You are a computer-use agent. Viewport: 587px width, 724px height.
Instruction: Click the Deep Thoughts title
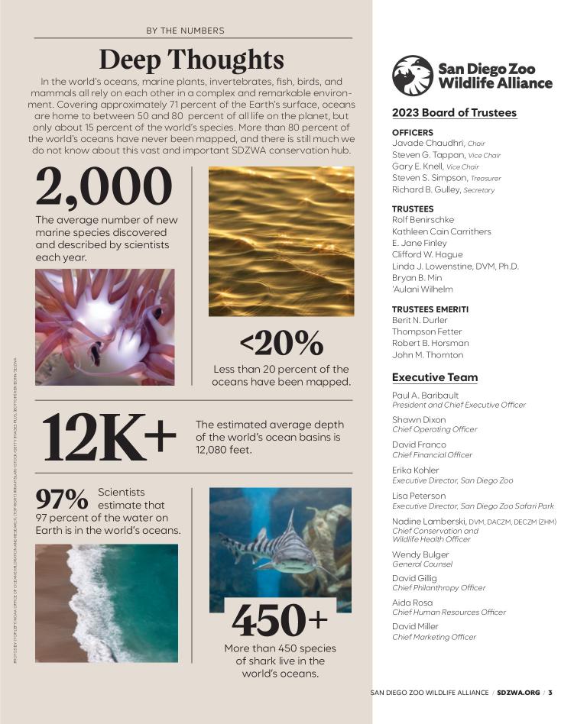(x=191, y=60)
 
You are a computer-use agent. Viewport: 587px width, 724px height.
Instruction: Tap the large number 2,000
(x=104, y=187)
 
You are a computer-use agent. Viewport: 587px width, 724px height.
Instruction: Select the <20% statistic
(x=281, y=344)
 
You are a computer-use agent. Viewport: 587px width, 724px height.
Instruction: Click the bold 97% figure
(x=62, y=499)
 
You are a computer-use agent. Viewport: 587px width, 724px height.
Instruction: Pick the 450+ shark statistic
(x=280, y=620)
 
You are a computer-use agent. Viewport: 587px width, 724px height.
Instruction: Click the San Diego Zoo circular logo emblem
(x=412, y=76)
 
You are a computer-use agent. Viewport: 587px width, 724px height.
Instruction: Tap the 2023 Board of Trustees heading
(x=454, y=113)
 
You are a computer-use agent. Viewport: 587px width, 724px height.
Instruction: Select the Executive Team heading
(x=434, y=377)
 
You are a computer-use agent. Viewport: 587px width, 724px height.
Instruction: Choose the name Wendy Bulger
(x=420, y=554)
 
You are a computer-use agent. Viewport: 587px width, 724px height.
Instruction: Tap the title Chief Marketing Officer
(x=433, y=637)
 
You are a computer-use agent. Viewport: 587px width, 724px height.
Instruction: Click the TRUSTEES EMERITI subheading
(x=430, y=309)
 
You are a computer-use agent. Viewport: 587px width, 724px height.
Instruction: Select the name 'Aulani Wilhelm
(x=422, y=289)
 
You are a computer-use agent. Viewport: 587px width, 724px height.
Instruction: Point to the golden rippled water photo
(x=281, y=241)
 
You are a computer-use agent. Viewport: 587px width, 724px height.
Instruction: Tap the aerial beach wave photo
(x=106, y=592)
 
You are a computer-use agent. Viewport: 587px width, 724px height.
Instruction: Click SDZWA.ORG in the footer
(x=517, y=693)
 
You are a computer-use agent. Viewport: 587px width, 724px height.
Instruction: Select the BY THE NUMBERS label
(x=185, y=31)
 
